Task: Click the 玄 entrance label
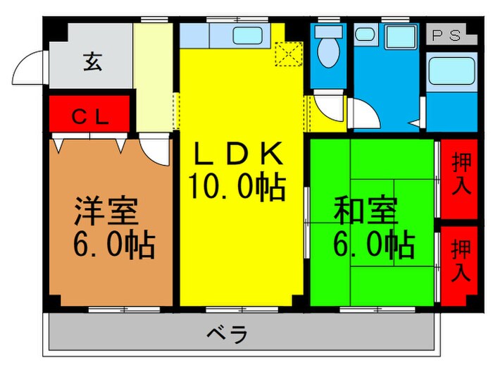(x=92, y=62)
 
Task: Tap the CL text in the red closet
(x=90, y=117)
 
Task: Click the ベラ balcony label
(x=228, y=335)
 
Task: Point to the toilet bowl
(x=327, y=51)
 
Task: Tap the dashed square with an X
(x=288, y=53)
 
